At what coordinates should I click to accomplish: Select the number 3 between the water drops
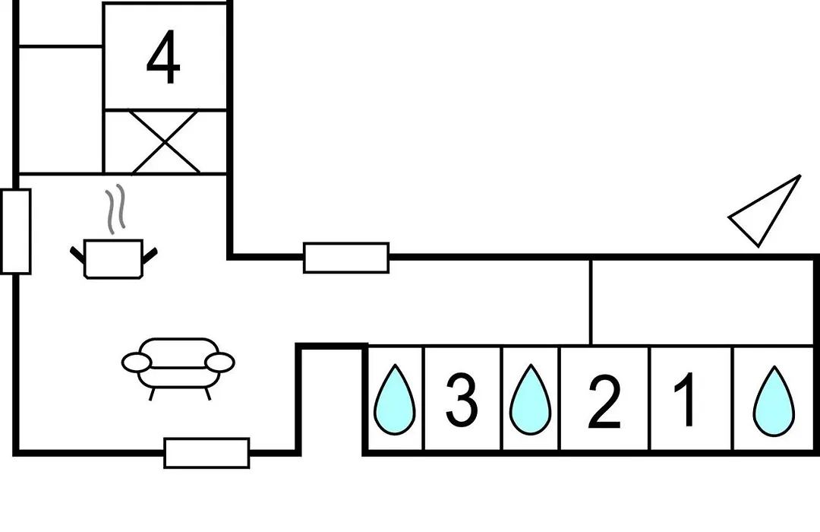[462, 401]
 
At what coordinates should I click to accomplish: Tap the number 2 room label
[604, 402]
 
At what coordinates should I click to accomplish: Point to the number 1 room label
[686, 399]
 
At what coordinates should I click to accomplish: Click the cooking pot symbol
[113, 258]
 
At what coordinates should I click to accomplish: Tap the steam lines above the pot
[116, 209]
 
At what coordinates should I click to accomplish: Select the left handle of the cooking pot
[77, 255]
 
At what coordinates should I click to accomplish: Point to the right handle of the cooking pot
[150, 255]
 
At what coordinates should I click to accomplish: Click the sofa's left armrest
[137, 363]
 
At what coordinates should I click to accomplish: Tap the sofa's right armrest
[219, 363]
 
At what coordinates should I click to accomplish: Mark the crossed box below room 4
[166, 141]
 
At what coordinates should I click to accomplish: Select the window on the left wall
[16, 232]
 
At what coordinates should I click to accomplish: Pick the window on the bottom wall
[207, 453]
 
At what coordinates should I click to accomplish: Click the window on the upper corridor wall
[346, 258]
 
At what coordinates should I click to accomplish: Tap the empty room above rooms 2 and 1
[702, 302]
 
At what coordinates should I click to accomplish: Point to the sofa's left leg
[152, 394]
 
